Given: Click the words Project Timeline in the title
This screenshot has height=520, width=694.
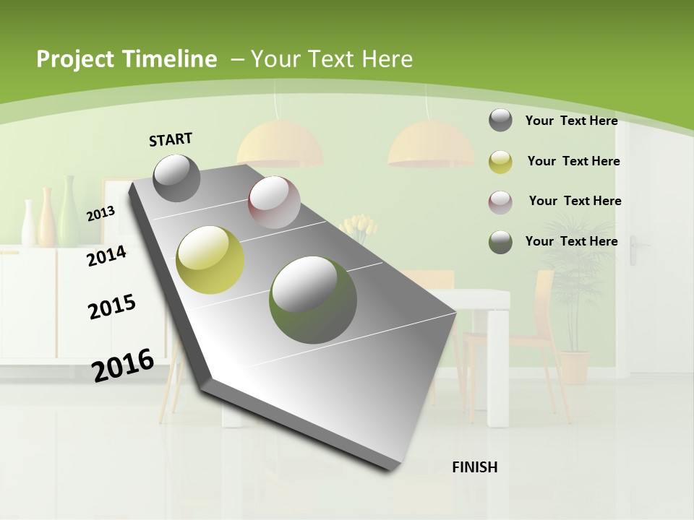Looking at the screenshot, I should (127, 59).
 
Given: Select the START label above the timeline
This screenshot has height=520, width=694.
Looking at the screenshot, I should (171, 139).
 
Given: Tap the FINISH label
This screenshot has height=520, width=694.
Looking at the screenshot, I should (475, 467).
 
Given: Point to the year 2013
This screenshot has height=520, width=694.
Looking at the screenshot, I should (100, 214).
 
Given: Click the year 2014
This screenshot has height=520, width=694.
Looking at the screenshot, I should (106, 256).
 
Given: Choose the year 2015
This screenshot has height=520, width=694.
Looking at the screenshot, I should (112, 306).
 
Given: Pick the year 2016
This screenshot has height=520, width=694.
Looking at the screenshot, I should (123, 365).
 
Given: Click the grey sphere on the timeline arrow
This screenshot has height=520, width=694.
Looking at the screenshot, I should (177, 178).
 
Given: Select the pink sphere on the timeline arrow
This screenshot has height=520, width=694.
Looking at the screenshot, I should (274, 201).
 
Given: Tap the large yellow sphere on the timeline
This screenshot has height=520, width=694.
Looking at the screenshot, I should (210, 260).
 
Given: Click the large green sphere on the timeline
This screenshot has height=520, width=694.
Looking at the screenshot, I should (313, 300).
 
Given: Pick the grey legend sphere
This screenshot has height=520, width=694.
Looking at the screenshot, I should (500, 120).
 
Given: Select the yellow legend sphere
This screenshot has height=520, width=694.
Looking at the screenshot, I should (500, 162).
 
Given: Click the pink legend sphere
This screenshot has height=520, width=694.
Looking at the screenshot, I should (500, 201).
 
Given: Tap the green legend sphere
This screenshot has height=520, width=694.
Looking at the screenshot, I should (500, 242).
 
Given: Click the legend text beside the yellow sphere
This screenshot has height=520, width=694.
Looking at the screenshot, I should (573, 161).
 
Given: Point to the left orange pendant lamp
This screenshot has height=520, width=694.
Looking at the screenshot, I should (280, 143).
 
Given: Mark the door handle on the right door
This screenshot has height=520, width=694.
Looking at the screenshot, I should (635, 250).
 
